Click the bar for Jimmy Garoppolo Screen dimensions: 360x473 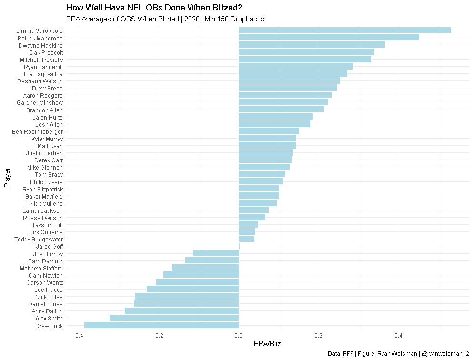[x=344, y=30]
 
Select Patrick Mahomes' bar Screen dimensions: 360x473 [x=329, y=38]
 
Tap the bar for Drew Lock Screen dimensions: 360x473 [x=161, y=326]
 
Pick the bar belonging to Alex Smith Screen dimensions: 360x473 [x=174, y=318]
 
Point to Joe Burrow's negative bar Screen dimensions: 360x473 [x=216, y=253]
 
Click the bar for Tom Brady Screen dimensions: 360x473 [x=262, y=174]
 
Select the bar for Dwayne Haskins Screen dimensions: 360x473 [x=312, y=45]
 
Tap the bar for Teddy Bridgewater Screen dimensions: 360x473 [x=246, y=239]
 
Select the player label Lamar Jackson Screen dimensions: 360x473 [x=42, y=210]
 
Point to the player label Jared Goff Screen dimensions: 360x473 [x=49, y=247]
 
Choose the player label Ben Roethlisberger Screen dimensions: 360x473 [x=37, y=131]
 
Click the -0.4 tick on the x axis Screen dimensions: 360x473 [x=79, y=336]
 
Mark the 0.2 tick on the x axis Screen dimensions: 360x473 [x=319, y=336]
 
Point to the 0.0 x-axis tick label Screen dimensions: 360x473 [x=239, y=336]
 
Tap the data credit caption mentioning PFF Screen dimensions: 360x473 [x=399, y=354]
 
